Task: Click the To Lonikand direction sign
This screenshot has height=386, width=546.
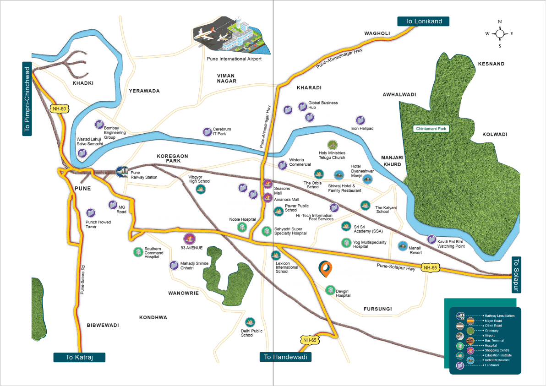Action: point(423,21)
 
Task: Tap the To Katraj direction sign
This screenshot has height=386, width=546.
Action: point(79,358)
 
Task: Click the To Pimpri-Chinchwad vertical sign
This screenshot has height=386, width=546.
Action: point(28,99)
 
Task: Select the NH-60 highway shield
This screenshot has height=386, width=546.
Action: point(58,109)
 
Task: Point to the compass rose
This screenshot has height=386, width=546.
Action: point(500,33)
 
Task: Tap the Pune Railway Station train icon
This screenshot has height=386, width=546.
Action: point(122,172)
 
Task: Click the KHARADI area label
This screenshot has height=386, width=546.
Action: point(309,87)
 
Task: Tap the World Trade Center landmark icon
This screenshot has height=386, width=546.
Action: point(288,110)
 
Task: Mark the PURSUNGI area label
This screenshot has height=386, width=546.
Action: point(378,309)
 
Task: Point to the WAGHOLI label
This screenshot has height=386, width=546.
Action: point(377,33)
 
